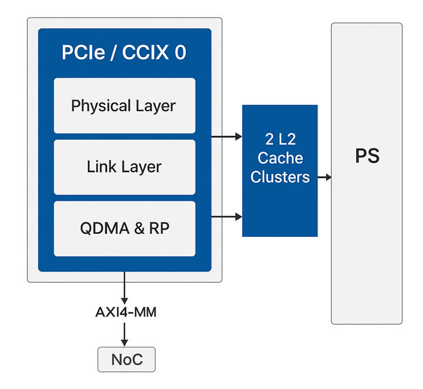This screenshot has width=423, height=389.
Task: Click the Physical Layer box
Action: click(x=124, y=106)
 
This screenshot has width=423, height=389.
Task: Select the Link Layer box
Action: click(x=124, y=167)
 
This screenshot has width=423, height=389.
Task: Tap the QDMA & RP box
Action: click(x=124, y=228)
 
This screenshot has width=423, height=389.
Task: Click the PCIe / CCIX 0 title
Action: click(x=124, y=52)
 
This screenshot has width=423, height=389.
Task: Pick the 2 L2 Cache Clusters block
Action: click(x=279, y=170)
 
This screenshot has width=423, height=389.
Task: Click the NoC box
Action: click(x=126, y=359)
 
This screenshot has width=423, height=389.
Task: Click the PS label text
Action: click(x=367, y=156)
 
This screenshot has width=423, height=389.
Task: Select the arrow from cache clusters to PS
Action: click(x=324, y=177)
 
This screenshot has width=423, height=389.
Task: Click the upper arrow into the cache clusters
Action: click(x=227, y=136)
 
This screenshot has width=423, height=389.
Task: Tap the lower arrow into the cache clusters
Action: click(x=227, y=217)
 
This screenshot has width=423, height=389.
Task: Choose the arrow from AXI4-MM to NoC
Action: click(x=124, y=333)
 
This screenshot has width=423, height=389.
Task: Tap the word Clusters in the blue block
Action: click(x=280, y=177)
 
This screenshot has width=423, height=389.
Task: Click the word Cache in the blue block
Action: click(x=280, y=158)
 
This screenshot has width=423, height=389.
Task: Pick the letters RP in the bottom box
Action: click(x=159, y=228)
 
